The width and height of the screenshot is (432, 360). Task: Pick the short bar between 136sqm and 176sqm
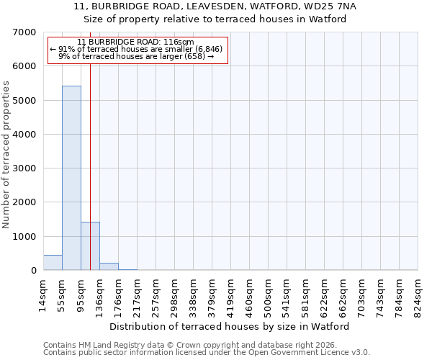point(109,266)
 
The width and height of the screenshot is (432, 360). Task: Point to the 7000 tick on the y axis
point(24,32)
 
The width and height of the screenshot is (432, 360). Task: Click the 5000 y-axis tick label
point(24,100)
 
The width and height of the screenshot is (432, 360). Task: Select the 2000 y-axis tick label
point(24,202)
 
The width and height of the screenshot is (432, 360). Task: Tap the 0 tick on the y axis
point(33,271)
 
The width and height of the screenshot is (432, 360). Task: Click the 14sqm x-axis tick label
point(43,293)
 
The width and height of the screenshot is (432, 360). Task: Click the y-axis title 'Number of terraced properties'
point(6,154)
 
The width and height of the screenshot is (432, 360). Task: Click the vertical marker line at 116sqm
point(90,144)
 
